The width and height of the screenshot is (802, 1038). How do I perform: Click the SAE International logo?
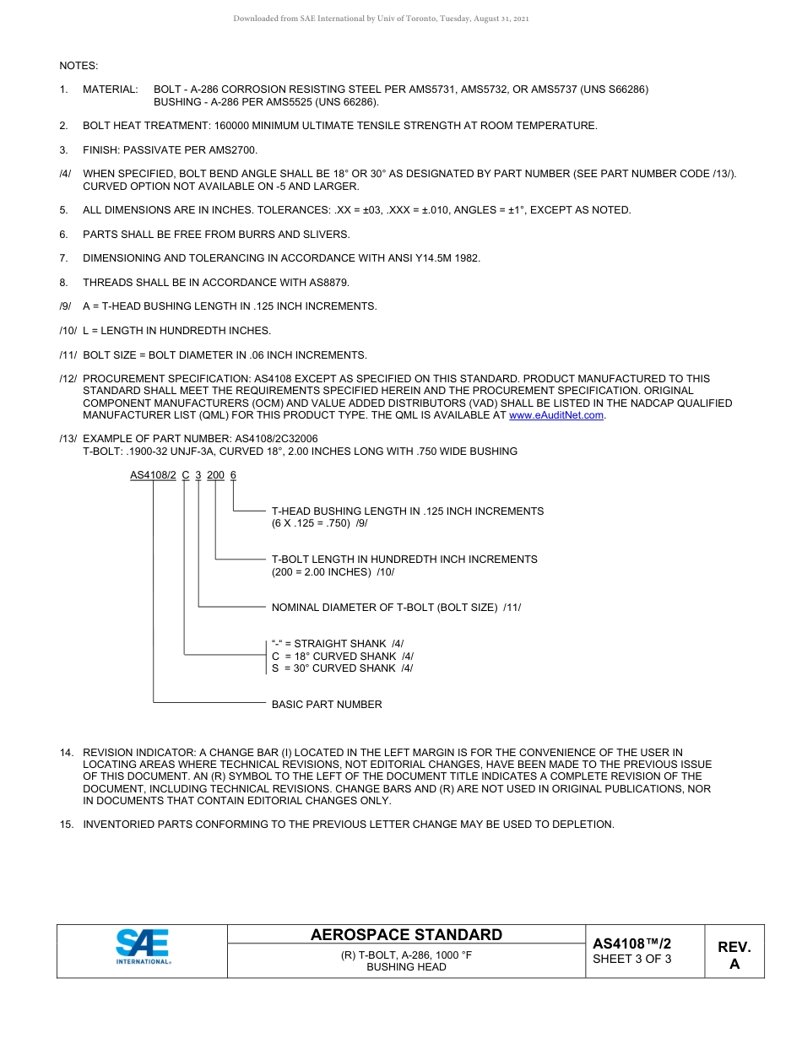point(143,946)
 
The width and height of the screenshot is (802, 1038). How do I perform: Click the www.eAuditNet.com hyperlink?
point(556,415)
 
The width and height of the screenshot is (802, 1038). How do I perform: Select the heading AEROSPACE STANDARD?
point(406,935)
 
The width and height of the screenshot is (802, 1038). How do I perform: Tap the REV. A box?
point(734,955)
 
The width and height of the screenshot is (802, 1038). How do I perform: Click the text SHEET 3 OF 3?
point(632,959)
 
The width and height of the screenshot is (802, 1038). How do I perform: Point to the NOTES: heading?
point(79,65)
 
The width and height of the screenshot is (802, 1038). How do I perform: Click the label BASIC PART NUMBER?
point(327,705)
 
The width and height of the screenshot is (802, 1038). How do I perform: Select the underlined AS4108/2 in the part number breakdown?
point(153,475)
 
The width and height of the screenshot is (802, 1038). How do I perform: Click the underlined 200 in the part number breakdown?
point(216,475)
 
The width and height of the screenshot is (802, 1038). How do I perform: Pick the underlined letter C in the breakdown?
point(186,475)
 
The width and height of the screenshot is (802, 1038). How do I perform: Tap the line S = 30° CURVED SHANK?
point(342,668)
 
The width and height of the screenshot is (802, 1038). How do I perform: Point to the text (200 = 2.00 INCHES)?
point(322,571)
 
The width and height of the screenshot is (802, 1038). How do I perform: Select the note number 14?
point(65,752)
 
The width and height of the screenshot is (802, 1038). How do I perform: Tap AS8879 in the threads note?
point(330,283)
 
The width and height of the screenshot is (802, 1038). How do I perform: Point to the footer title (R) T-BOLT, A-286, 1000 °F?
point(406,955)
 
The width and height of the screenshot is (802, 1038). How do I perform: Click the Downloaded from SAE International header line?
point(381,19)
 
